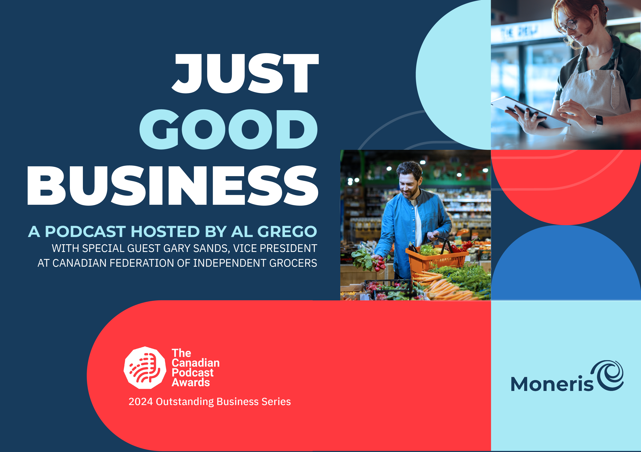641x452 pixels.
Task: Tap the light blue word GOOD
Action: click(228, 129)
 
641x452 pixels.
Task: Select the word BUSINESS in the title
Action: click(173, 186)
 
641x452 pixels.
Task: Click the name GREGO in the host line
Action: click(287, 232)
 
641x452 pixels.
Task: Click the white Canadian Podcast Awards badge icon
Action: click(145, 368)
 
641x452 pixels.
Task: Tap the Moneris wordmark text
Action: click(552, 384)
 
